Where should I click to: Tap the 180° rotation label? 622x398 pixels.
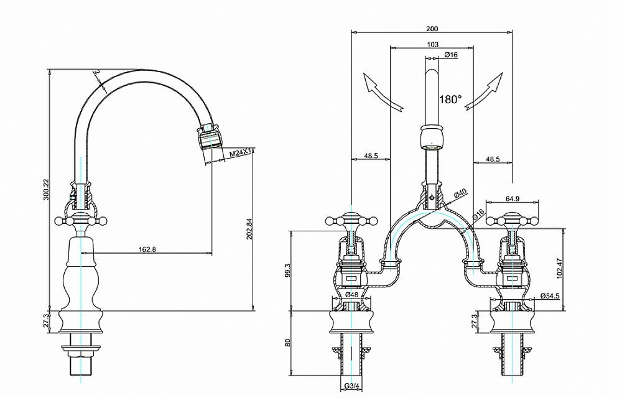(450, 99)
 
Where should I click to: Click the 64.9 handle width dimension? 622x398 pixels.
(513, 199)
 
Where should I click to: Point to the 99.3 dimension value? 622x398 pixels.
(287, 270)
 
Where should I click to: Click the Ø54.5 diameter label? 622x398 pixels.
(550, 295)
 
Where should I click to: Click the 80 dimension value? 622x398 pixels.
(287, 343)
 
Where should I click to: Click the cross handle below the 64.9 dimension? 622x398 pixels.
(513, 220)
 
